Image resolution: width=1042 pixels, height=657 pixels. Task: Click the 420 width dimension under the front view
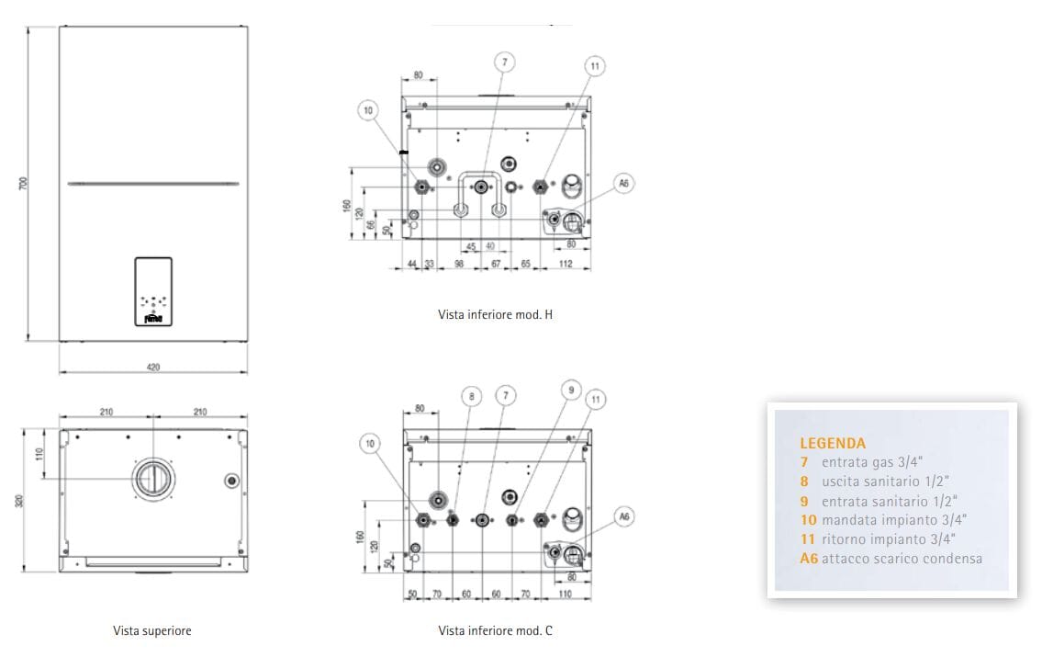pyautogui.click(x=153, y=367)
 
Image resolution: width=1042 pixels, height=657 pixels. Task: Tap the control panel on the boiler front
pyautogui.click(x=153, y=290)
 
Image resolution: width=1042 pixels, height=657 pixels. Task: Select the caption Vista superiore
pyautogui.click(x=152, y=631)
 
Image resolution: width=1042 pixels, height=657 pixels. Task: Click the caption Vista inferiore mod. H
pyautogui.click(x=496, y=315)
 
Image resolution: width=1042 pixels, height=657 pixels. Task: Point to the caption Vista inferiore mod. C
pyautogui.click(x=496, y=631)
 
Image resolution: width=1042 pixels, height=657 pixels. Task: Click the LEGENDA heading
pyautogui.click(x=832, y=443)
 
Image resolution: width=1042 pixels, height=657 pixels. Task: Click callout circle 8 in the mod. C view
pyautogui.click(x=471, y=397)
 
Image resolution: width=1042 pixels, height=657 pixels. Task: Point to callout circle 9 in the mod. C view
pyautogui.click(x=570, y=391)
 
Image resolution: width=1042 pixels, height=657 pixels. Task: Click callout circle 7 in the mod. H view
pyautogui.click(x=503, y=62)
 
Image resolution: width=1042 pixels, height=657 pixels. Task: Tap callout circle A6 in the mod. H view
pyautogui.click(x=623, y=184)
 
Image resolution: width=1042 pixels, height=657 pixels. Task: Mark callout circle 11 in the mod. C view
pyautogui.click(x=596, y=399)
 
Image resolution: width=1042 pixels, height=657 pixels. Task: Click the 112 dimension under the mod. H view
pyautogui.click(x=565, y=265)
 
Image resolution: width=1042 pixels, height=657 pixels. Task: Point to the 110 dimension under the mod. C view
pyautogui.click(x=564, y=595)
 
